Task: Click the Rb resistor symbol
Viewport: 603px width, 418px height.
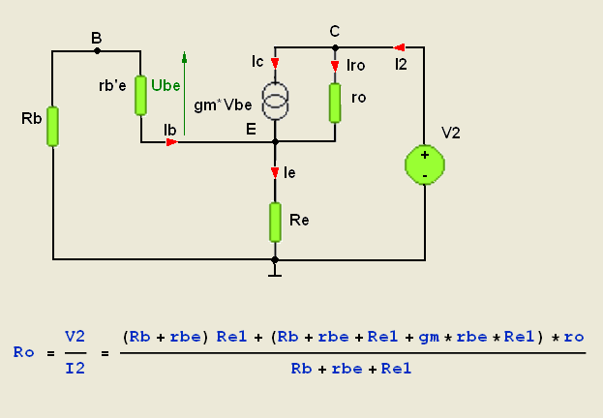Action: pos(52,127)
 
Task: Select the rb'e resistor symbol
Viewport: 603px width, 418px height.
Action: pos(140,96)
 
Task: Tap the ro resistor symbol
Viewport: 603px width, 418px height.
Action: pos(335,103)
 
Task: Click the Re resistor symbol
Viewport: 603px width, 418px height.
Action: pos(275,223)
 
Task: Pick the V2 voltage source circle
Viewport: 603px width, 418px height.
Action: pos(425,164)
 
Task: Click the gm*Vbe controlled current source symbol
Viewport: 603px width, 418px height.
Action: pos(275,100)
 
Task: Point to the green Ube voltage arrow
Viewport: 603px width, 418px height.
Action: pos(184,93)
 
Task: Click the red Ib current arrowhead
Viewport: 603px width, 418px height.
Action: pos(172,142)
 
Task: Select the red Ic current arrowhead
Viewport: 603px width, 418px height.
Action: pos(275,63)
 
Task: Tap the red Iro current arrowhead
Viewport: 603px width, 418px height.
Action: pos(335,66)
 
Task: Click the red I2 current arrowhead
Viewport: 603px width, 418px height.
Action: pos(399,47)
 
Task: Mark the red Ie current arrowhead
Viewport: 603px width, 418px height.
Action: pos(275,172)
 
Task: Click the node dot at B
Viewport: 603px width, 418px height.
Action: pos(98,50)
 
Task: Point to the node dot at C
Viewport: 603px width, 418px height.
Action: pos(335,47)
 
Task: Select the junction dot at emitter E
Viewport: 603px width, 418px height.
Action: pos(275,142)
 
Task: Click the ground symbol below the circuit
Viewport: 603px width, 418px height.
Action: pos(275,272)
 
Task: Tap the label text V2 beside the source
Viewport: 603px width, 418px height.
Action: pos(451,134)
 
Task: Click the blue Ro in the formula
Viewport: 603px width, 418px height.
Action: pos(23,352)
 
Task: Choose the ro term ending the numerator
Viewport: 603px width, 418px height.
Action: pos(574,338)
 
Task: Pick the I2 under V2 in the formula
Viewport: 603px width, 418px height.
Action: pos(75,369)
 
